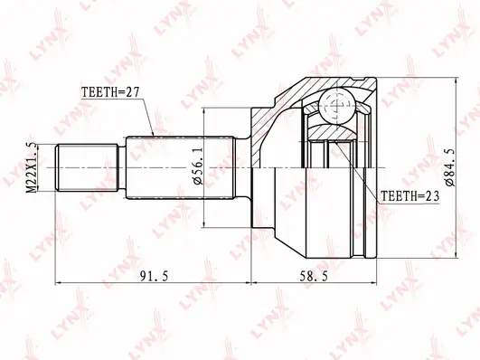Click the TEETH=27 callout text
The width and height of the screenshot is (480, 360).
(110, 91)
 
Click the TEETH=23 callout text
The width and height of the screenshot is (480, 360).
(409, 195)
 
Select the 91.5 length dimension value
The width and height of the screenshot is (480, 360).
(154, 277)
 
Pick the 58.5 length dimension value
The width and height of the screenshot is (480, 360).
(313, 277)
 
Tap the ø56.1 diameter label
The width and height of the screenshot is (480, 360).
(198, 168)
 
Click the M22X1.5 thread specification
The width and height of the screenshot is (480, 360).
(32, 168)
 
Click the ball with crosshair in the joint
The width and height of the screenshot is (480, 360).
(338, 106)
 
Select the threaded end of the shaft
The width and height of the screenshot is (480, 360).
(87, 167)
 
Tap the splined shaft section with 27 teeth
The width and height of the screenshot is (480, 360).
(181, 167)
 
